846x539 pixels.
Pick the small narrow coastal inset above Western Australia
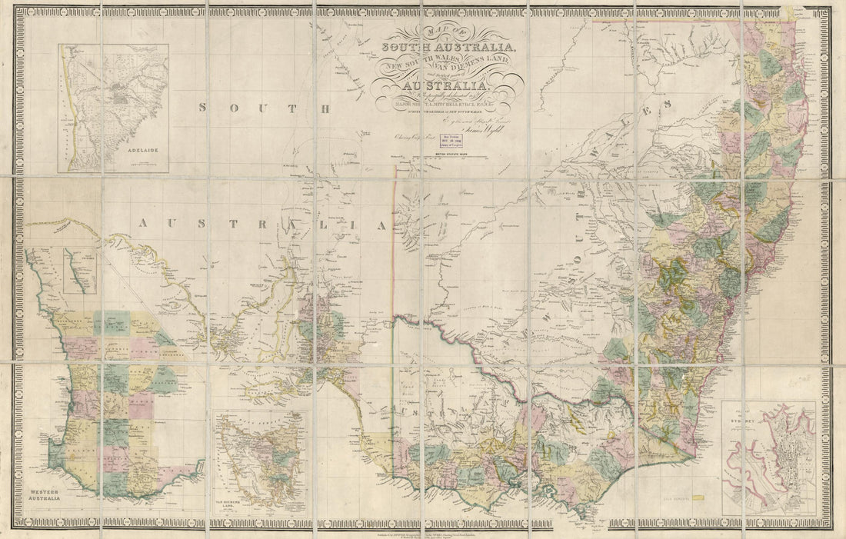click(x=78, y=270)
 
